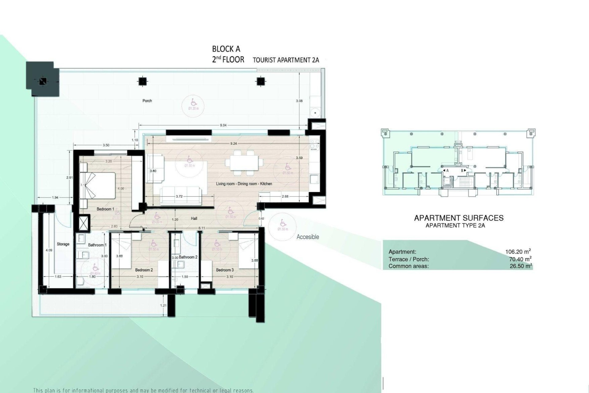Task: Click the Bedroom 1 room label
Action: (105, 209)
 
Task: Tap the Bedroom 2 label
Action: (144, 270)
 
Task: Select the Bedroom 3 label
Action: (225, 270)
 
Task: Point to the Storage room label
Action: (63, 244)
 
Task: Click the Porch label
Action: (147, 101)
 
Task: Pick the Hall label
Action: (194, 219)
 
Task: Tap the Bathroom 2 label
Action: (188, 257)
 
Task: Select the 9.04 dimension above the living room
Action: (223, 125)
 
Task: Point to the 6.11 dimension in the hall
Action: (202, 228)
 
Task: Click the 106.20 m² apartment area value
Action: (518, 252)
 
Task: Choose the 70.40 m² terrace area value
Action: (520, 259)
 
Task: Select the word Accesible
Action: (308, 237)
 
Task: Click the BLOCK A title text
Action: (226, 49)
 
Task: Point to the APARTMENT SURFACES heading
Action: (459, 218)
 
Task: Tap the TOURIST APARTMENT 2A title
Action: (286, 60)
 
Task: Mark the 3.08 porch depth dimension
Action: (299, 101)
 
